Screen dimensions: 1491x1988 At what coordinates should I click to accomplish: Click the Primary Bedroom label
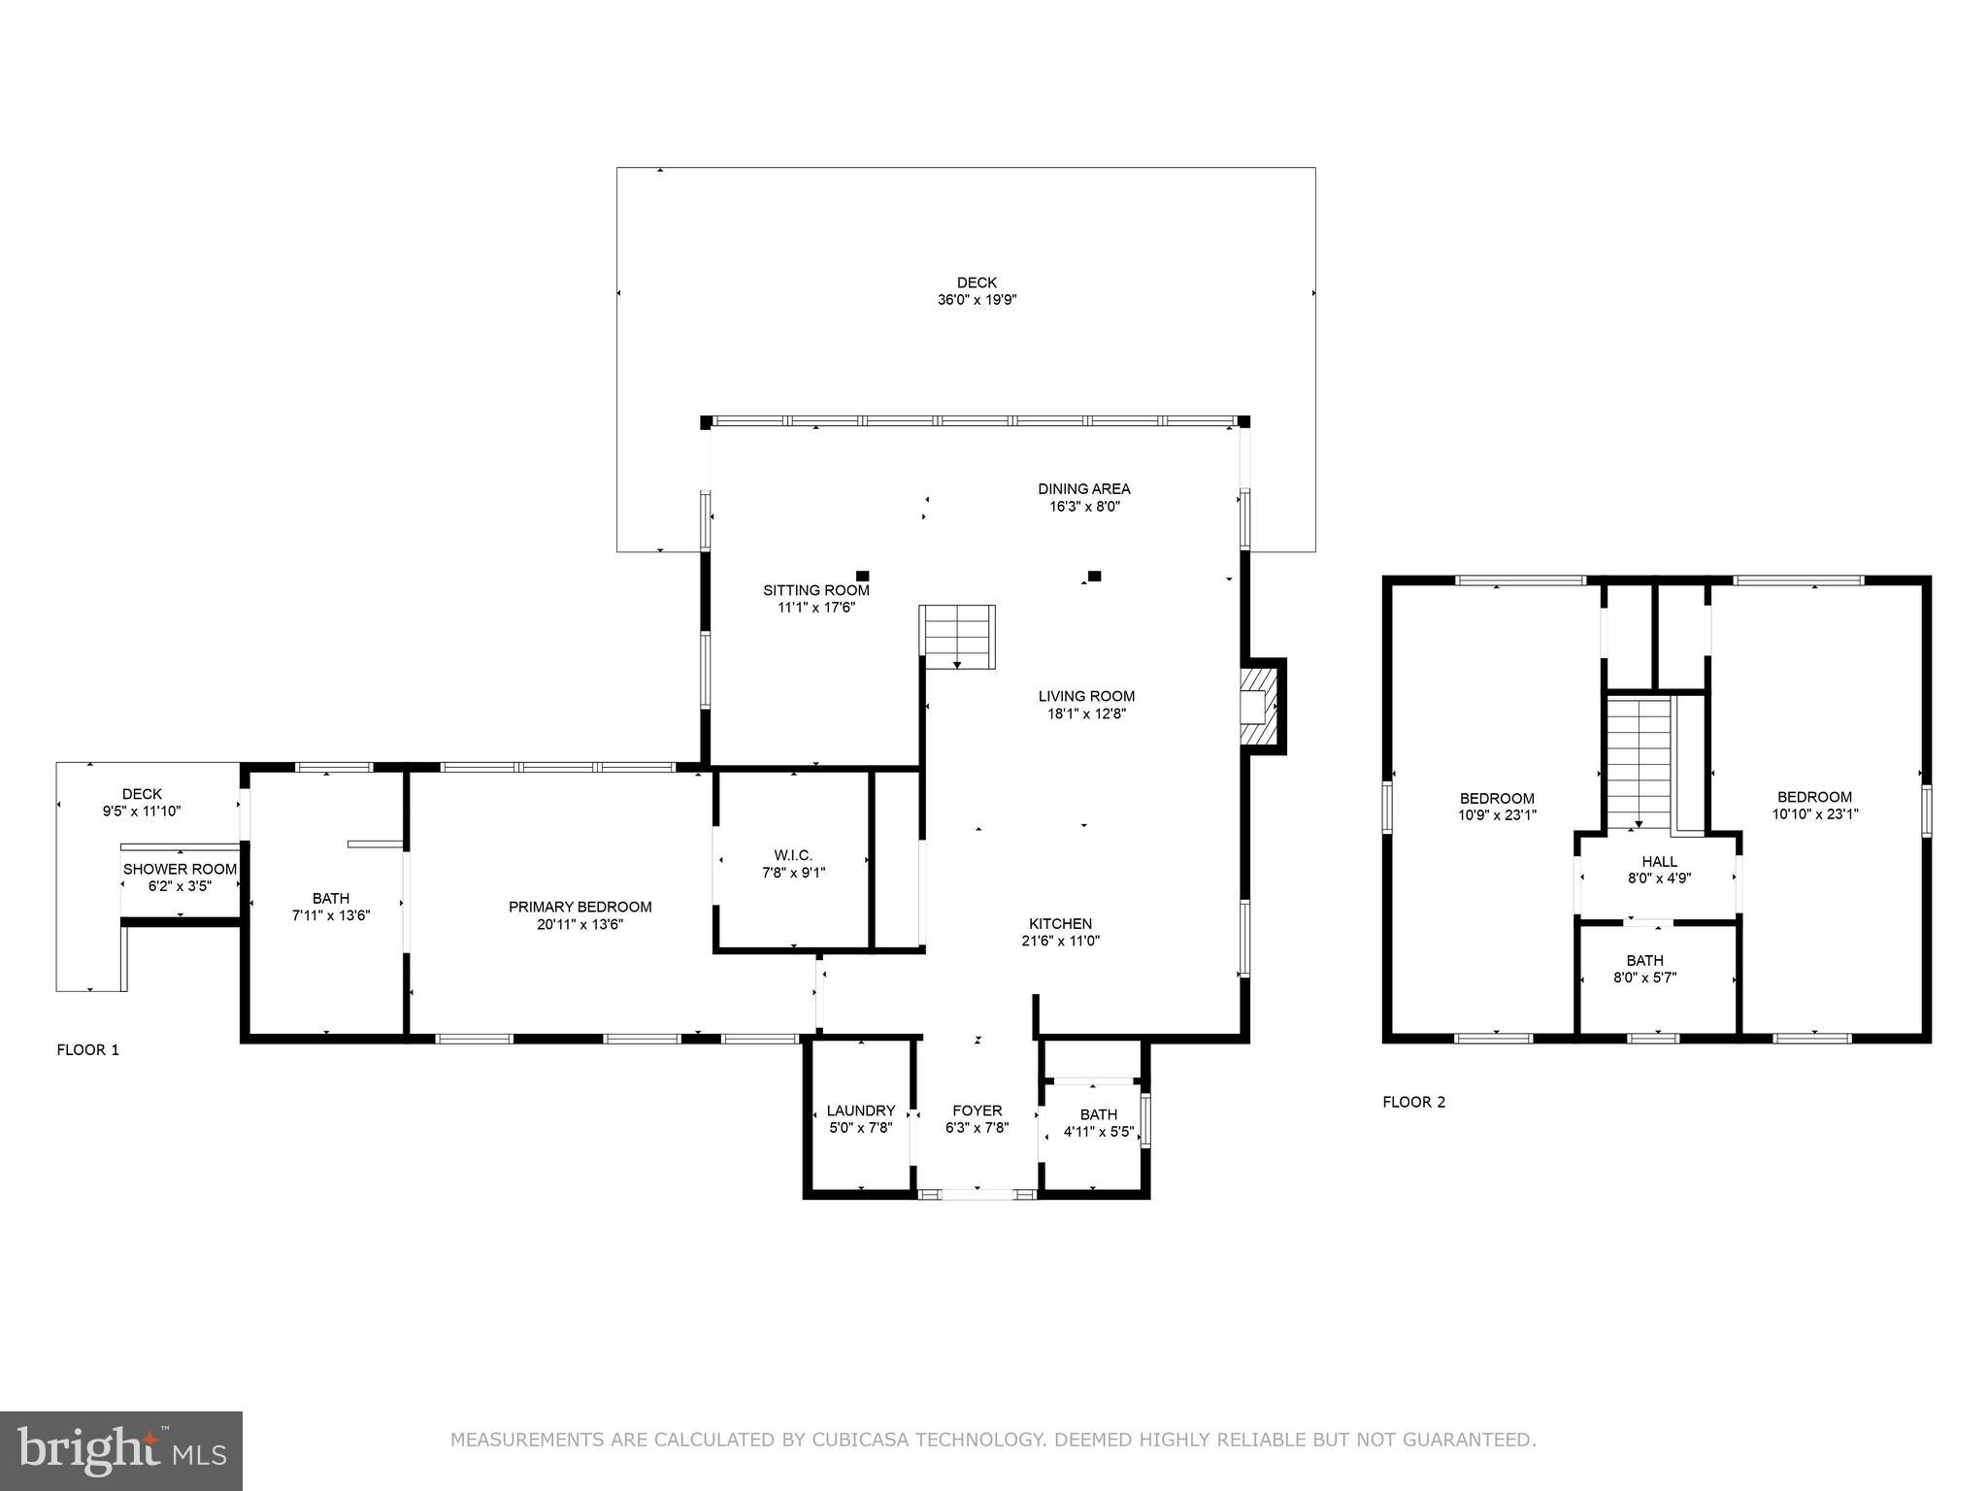[x=580, y=907]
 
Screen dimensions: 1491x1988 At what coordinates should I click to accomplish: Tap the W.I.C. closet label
[x=793, y=855]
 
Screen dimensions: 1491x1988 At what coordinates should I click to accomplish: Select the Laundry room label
[x=860, y=1110]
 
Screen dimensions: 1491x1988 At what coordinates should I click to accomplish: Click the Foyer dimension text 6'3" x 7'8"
[x=977, y=1128]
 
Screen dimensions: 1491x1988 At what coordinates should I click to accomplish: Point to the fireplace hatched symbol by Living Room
[x=1261, y=706]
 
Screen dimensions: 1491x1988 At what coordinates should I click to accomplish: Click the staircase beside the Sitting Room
[x=957, y=636]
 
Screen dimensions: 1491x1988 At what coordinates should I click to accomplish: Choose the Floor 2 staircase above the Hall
[x=1639, y=761]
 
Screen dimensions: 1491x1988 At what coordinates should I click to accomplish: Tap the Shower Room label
[x=180, y=869]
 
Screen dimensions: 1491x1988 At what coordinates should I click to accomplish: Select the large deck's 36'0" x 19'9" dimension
[x=977, y=300]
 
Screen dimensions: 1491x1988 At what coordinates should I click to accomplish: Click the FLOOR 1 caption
[x=87, y=1049]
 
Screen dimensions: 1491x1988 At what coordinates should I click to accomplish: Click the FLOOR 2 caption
[x=1413, y=1102]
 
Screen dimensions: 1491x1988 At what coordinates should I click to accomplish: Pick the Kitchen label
[x=1060, y=923]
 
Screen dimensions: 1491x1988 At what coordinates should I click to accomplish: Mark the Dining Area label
[x=1083, y=488]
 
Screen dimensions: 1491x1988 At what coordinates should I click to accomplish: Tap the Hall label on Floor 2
[x=1659, y=861]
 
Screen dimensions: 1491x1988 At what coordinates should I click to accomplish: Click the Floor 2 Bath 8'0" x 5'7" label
[x=1644, y=969]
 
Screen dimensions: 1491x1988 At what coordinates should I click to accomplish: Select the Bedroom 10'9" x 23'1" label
[x=1497, y=807]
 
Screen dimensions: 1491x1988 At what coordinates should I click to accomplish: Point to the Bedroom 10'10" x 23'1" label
[x=1814, y=806]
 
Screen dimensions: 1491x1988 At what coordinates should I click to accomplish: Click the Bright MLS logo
[x=120, y=1450]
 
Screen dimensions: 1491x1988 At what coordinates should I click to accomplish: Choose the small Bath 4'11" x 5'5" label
[x=1098, y=1123]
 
